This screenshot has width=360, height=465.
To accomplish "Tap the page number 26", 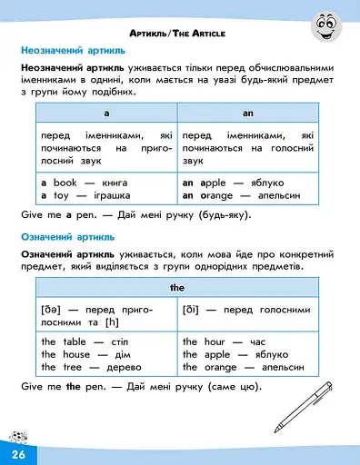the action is [17, 452].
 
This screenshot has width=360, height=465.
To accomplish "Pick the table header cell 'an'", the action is [248, 114].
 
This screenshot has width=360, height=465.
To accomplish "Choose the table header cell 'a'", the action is [106, 114].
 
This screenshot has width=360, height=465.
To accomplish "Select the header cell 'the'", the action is [177, 287].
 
